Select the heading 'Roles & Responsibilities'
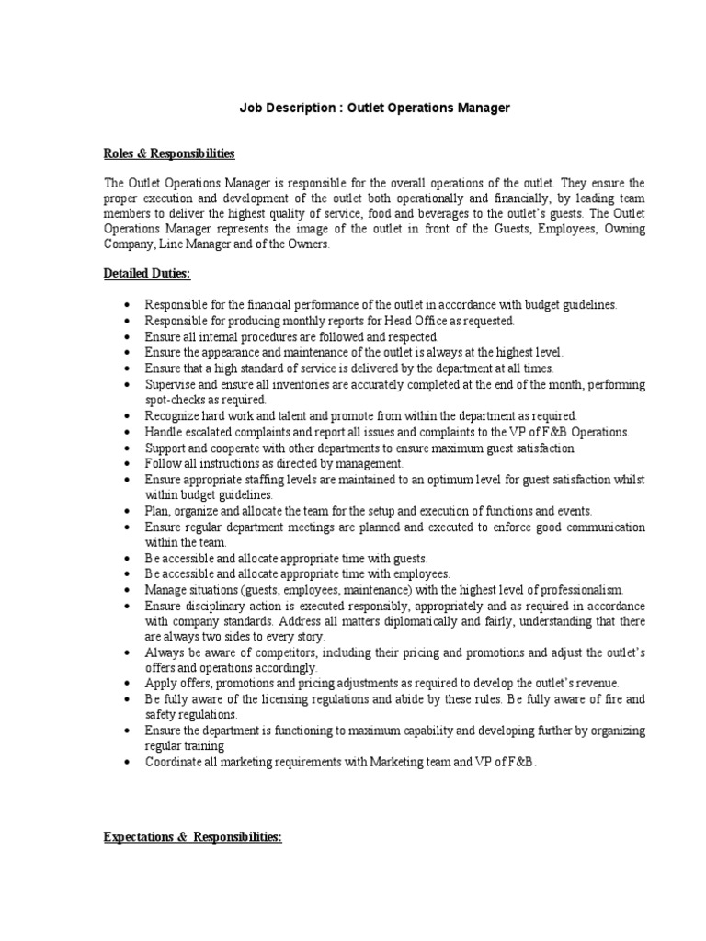(169, 153)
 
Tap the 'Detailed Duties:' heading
(147, 274)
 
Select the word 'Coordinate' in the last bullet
(176, 763)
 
